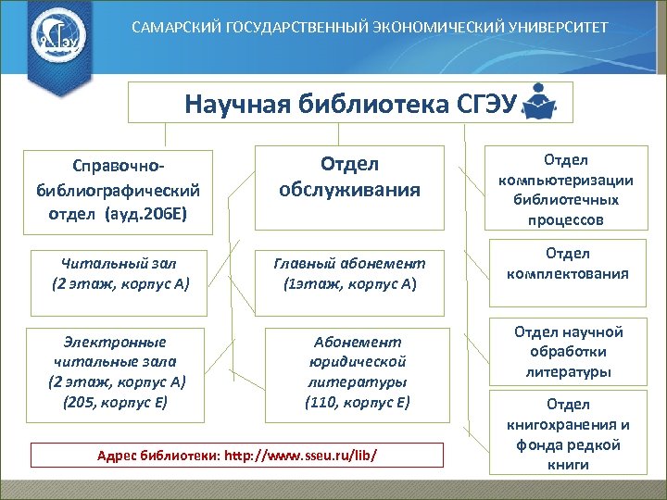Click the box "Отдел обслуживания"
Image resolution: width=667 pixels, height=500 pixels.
point(349,177)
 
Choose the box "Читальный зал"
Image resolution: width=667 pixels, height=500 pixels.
point(120,273)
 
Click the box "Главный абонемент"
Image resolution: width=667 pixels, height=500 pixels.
point(349,273)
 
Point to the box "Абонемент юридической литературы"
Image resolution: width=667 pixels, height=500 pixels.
point(357,370)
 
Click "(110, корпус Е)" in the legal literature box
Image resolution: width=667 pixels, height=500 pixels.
point(357,402)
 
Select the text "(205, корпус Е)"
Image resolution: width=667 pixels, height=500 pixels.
point(117,402)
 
